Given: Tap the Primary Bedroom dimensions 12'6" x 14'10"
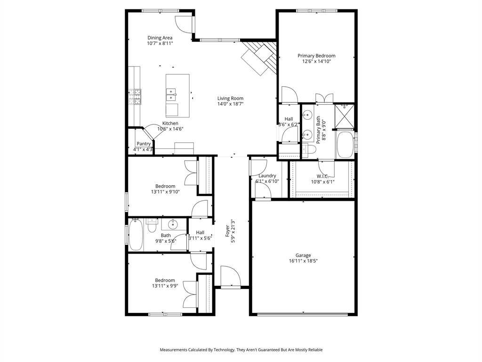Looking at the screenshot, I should pos(316,61).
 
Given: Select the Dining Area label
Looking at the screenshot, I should pos(160,38).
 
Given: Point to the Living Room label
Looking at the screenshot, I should pos(230,99).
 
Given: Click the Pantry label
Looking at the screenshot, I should pos(144,144).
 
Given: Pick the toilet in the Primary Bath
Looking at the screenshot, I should pos(308,150).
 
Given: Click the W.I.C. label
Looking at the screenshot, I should pos(322,176).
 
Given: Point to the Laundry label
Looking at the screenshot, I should pos(267,176).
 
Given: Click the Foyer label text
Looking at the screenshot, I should pos(227,230).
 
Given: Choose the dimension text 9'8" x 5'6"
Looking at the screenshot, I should pos(166,241).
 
